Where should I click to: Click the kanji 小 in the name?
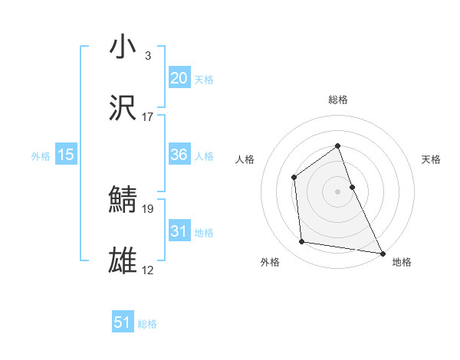pyautogui.click(x=123, y=47)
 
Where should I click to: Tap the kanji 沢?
pyautogui.click(x=123, y=108)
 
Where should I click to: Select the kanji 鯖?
pyautogui.click(x=123, y=200)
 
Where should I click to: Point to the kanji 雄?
pyautogui.click(x=123, y=261)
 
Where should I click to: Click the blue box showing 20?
pyautogui.click(x=179, y=77)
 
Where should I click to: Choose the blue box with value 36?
pyautogui.click(x=179, y=155)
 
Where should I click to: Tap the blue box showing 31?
pyautogui.click(x=179, y=231)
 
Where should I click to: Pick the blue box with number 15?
pyautogui.click(x=65, y=155)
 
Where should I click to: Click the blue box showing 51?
pyautogui.click(x=123, y=322)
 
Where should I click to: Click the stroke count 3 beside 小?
pyautogui.click(x=147, y=56)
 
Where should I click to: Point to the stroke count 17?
pyautogui.click(x=148, y=117)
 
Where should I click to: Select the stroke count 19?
pyautogui.click(x=148, y=208)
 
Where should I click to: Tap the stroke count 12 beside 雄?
pyautogui.click(x=148, y=270)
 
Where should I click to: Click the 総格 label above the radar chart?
pyautogui.click(x=337, y=100)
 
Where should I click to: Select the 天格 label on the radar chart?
pyautogui.click(x=431, y=159)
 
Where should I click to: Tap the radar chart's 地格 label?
pyautogui.click(x=402, y=262)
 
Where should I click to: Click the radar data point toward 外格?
pyautogui.click(x=302, y=242)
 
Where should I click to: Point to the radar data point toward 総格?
pyautogui.click(x=337, y=146)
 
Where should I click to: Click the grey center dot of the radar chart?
pyautogui.click(x=337, y=191)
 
